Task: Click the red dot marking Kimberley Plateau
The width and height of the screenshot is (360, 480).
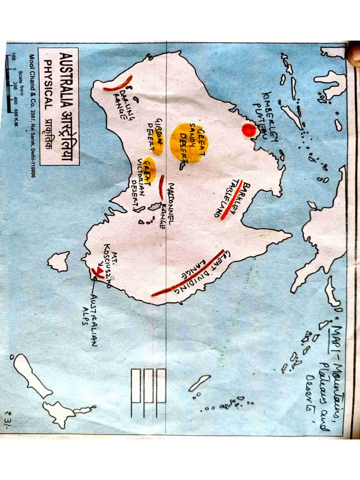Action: (249, 130)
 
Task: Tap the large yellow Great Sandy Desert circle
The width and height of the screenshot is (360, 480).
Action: (189, 142)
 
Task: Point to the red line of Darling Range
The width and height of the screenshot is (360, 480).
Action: (118, 84)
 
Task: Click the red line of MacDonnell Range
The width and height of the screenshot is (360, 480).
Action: (161, 187)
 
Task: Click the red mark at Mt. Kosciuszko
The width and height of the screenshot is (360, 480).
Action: (99, 271)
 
